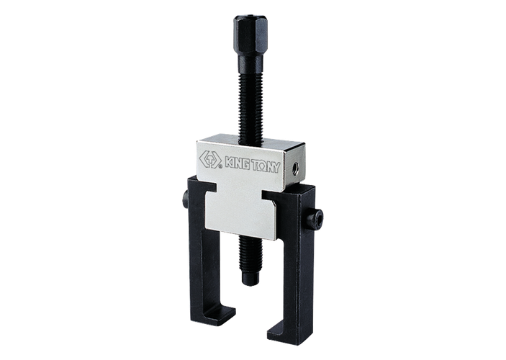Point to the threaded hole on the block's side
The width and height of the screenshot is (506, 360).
tap(294, 168)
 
